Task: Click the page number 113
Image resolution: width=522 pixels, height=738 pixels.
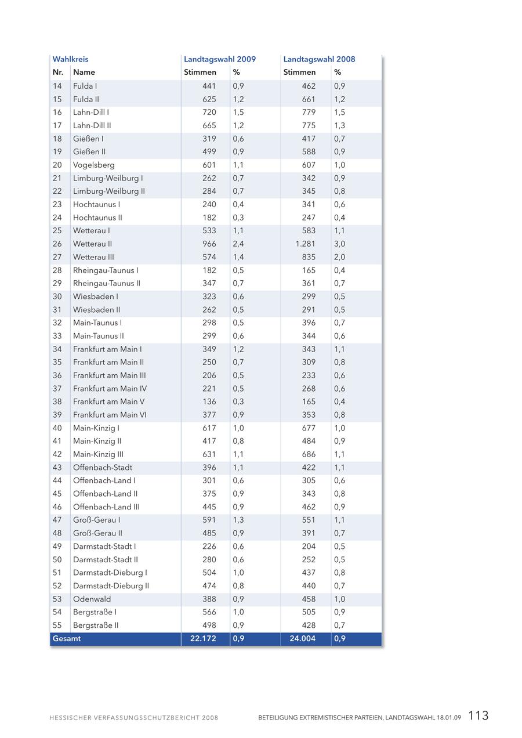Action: coord(478,715)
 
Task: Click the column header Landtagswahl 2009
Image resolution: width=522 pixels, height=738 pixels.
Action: coord(220,59)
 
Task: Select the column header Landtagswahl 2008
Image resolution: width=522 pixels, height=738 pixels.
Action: coord(319,59)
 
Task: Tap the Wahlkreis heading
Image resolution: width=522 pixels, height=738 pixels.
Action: coord(70,59)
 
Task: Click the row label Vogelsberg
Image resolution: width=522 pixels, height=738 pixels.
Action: coord(94,165)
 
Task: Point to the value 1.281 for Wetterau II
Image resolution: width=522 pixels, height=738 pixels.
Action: coord(306,244)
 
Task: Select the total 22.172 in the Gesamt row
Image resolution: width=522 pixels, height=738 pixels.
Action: coord(203,639)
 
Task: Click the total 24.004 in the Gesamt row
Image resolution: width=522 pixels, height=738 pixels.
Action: coord(303,639)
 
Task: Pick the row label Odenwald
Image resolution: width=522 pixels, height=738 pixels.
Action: coord(92,599)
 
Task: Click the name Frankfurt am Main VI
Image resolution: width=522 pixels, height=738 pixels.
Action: coord(110,415)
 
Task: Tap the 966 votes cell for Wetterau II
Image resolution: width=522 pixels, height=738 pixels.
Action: coord(209,244)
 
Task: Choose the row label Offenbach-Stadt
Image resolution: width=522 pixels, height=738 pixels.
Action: coord(103,468)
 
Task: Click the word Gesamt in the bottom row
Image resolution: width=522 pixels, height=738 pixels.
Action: coord(67,639)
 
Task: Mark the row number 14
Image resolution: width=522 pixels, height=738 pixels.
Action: coord(57,86)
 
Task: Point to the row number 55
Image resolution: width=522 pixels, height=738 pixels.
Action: coord(57,625)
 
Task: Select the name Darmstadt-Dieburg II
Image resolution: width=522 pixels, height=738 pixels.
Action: coord(111,586)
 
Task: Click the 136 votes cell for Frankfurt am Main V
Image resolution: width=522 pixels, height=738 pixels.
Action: coord(209,401)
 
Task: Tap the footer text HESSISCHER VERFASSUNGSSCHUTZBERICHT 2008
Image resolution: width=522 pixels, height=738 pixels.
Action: coord(134,718)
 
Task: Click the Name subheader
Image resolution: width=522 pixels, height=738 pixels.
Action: coord(84,73)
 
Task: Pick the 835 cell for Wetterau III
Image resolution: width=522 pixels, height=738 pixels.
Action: coord(309,257)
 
